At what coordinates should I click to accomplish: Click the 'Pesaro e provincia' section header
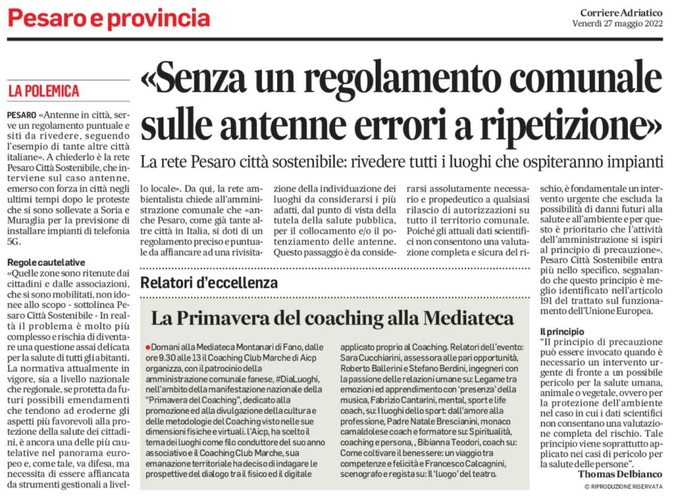pos(109,18)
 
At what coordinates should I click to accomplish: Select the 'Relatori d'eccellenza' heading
pos(209,283)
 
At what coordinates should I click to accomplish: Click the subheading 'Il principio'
pos(559,330)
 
